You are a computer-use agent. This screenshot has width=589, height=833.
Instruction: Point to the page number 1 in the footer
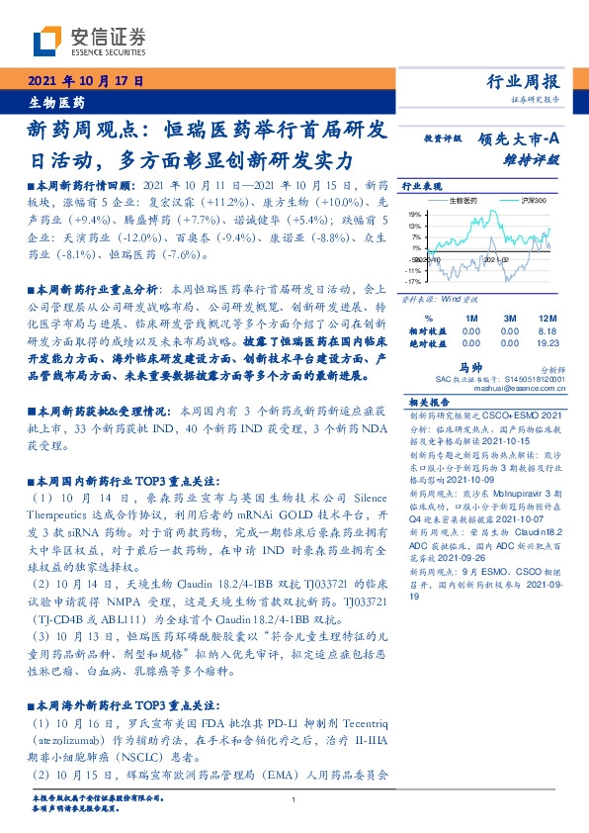(x=294, y=799)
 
